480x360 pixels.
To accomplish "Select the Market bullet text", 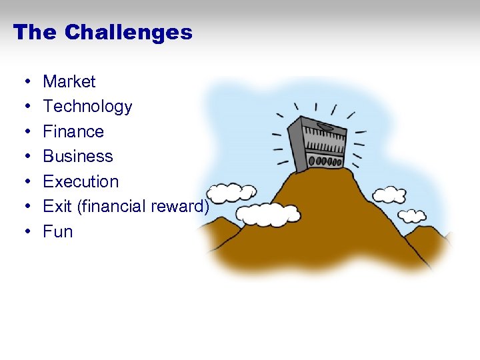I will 69,81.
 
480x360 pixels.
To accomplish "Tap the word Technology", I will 87,107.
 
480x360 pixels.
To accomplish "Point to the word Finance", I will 73,131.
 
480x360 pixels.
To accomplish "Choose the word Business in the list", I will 78,156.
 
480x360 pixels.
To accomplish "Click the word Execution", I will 81,181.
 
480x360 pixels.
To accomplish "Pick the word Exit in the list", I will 57,207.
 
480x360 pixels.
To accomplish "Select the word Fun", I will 58,231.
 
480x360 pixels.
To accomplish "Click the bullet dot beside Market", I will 23,82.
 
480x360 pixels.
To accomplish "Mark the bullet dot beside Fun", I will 23,232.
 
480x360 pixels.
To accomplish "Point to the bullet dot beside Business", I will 23,157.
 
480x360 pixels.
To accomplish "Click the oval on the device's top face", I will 327,125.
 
